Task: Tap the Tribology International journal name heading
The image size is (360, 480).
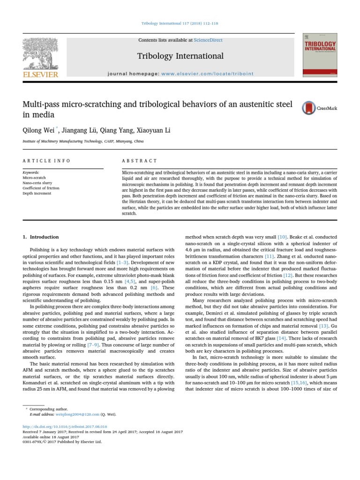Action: pyautogui.click(x=180, y=56)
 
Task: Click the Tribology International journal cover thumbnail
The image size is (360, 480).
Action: pyautogui.click(x=320, y=55)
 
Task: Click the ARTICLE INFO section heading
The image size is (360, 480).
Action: pyautogui.click(x=46, y=161)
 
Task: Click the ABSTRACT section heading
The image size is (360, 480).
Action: pyautogui.click(x=140, y=161)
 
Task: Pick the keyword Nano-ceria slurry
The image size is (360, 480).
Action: pyautogui.click(x=37, y=183)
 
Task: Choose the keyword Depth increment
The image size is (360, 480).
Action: pyautogui.click(x=36, y=193)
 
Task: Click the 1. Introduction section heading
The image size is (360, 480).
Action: pyautogui.click(x=41, y=237)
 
